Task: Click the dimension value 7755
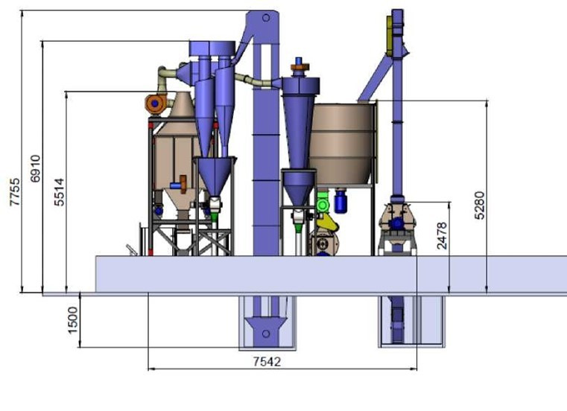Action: point(15,192)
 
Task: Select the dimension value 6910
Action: point(36,168)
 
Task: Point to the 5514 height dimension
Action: point(60,192)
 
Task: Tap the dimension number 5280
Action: point(480,205)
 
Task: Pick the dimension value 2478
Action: point(442,236)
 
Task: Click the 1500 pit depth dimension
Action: point(73,320)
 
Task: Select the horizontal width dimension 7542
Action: point(267,361)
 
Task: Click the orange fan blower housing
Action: point(155,103)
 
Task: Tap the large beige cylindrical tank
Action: point(342,144)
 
